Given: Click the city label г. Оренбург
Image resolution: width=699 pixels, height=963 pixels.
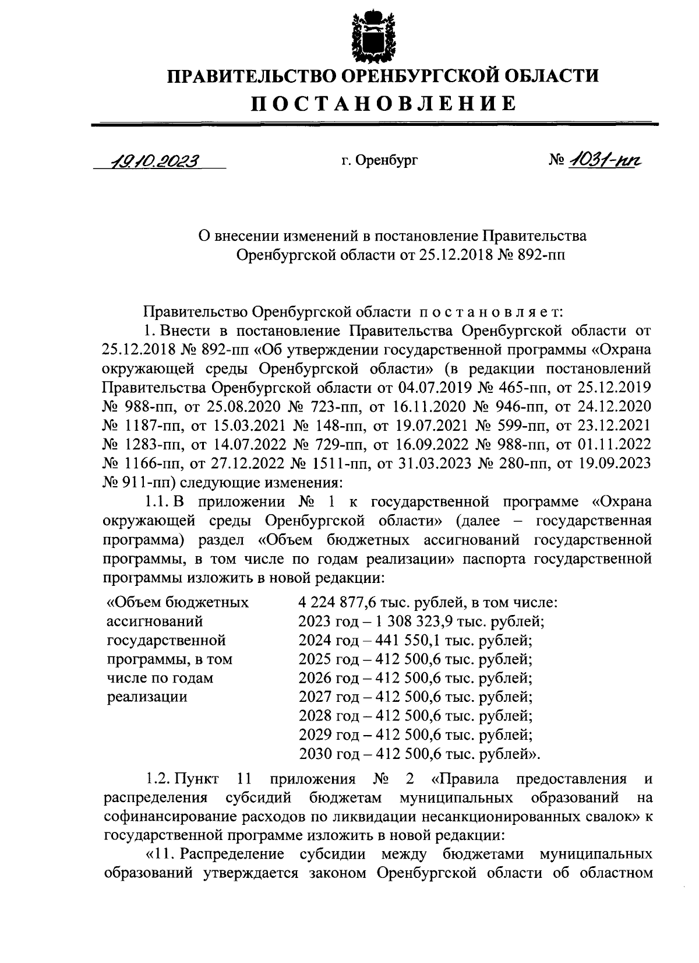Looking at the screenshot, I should point(380,160).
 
